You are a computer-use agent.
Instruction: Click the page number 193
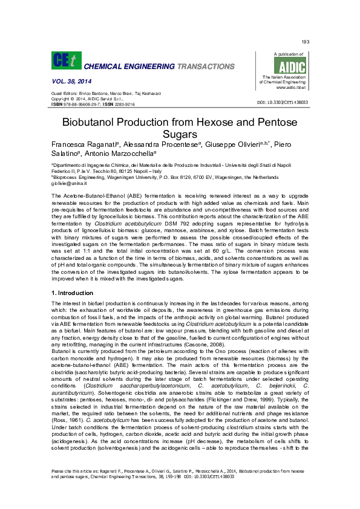pos(304,41)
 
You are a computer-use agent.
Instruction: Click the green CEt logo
pos(64,60)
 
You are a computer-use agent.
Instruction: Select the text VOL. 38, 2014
pos(68,80)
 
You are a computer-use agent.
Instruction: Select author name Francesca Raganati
pos(84,146)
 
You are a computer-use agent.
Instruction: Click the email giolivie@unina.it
pos(70,183)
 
